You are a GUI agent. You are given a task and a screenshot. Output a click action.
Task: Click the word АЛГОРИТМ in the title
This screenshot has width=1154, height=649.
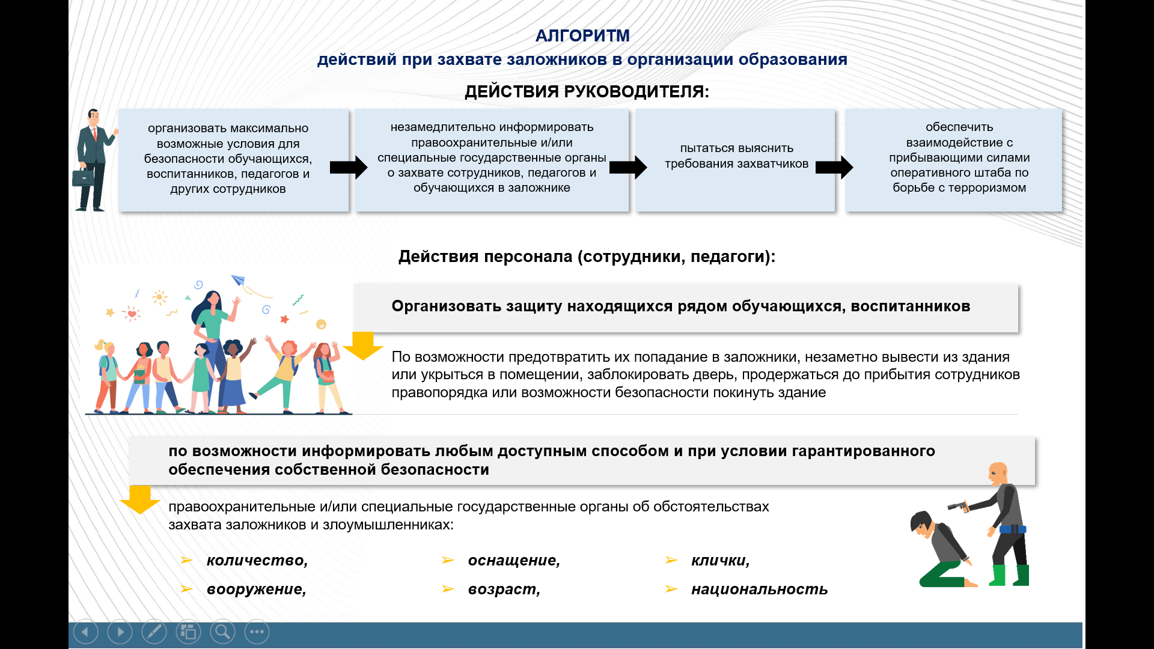[x=582, y=36]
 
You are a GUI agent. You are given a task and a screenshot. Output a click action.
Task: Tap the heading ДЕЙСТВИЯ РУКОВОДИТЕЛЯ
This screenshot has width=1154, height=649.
[x=587, y=92]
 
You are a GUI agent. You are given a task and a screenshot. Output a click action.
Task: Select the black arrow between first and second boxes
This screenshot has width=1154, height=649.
[x=349, y=167]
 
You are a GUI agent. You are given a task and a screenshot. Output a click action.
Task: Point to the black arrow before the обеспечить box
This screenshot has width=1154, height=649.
[x=834, y=167]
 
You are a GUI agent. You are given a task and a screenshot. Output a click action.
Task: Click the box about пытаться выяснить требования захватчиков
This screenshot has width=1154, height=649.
[x=736, y=160]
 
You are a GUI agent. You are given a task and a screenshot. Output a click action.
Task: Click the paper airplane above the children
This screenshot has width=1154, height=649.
[x=239, y=280]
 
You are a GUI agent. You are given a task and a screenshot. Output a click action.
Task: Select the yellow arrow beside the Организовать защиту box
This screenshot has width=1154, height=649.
[x=363, y=346]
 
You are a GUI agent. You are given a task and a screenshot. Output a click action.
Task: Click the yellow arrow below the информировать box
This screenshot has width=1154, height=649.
[x=140, y=499]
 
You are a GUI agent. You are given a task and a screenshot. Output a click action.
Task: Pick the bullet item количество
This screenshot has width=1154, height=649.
[x=257, y=561]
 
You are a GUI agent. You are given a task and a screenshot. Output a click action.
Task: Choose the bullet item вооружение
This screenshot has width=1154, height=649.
[x=257, y=590]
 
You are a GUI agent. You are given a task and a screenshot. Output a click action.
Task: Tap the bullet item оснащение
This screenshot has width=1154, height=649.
[x=514, y=561]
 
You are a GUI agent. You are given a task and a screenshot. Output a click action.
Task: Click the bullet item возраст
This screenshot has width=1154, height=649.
[x=504, y=590]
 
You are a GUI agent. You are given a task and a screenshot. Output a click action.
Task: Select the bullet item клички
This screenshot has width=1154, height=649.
[x=721, y=561]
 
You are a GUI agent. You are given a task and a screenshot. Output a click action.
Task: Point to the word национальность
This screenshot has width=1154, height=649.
[x=760, y=590]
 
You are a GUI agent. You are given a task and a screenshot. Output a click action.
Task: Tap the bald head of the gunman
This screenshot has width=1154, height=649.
[x=998, y=473]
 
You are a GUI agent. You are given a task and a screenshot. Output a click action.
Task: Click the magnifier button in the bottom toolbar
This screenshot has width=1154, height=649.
[x=222, y=632]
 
